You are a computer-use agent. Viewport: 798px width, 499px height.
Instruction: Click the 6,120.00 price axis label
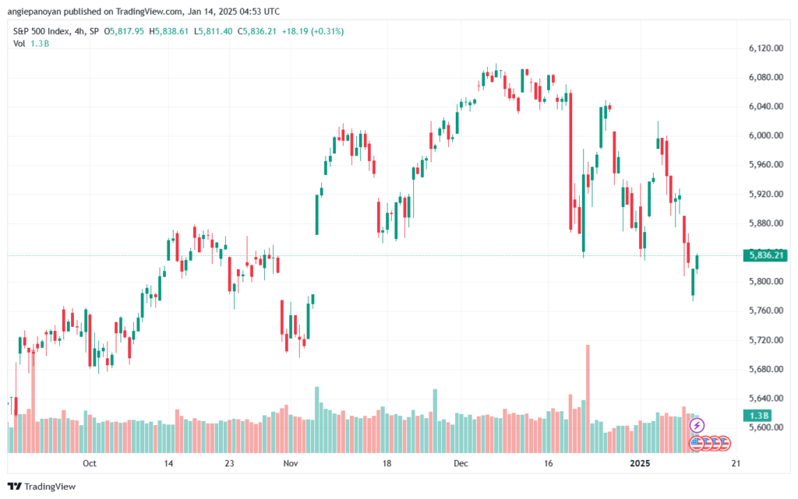(765, 48)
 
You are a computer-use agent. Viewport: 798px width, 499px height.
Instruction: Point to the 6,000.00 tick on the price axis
(765, 135)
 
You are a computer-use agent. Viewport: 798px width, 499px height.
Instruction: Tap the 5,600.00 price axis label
(765, 427)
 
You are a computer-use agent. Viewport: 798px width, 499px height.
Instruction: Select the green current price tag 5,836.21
(765, 255)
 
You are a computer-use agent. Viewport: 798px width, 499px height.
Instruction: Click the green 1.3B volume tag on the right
(757, 416)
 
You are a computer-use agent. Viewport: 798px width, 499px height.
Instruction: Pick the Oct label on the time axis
(90, 463)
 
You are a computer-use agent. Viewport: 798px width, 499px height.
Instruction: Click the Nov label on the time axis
(291, 463)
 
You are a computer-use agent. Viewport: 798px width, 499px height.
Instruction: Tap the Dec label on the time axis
(461, 463)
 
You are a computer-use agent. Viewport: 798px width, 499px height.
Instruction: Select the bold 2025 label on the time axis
(641, 463)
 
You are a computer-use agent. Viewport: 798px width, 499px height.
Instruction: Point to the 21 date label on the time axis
(736, 463)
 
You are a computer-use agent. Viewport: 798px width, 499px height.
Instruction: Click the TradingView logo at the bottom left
(42, 487)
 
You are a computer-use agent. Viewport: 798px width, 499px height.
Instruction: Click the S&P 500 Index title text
(41, 31)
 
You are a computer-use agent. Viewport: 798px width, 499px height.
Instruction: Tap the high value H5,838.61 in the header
(169, 31)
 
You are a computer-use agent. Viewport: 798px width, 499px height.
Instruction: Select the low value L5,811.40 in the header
(214, 31)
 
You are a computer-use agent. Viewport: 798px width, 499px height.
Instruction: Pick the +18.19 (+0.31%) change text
(312, 31)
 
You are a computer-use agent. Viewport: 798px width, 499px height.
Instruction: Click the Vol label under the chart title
(19, 44)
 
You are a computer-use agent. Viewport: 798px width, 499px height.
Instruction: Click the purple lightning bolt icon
(697, 425)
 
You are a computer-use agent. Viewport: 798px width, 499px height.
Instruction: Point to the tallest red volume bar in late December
(588, 399)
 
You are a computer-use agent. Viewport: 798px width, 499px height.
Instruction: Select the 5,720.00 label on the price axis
(765, 340)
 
